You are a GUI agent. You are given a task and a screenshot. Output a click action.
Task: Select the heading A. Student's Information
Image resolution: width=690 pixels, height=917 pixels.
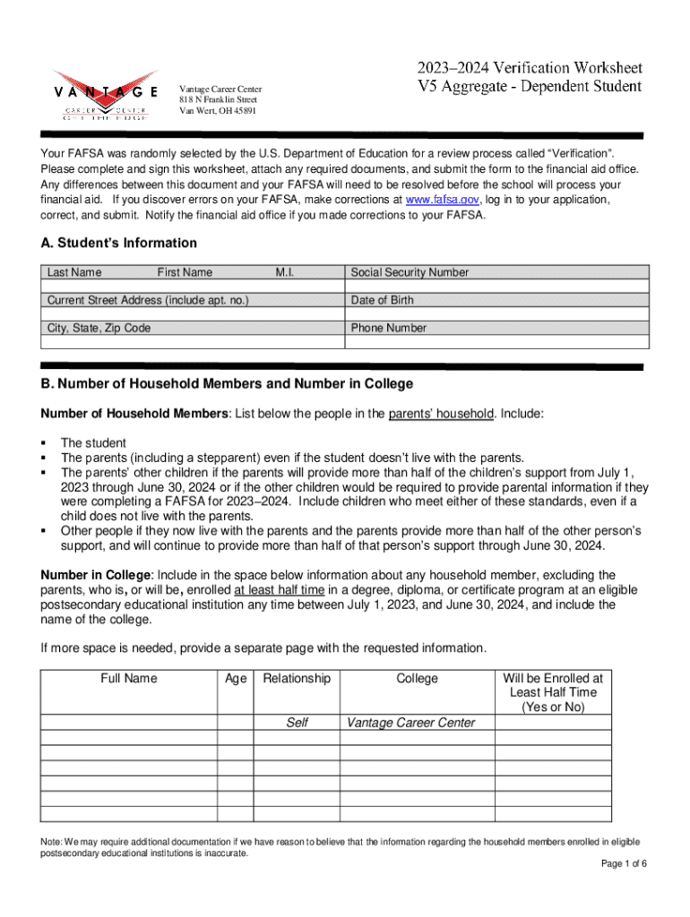(118, 243)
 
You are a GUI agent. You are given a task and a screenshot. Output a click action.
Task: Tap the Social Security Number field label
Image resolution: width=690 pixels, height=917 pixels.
(410, 272)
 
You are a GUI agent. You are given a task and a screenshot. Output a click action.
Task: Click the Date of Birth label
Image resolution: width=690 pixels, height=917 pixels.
(383, 300)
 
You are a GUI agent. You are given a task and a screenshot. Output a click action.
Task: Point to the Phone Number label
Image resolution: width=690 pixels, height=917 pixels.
(389, 328)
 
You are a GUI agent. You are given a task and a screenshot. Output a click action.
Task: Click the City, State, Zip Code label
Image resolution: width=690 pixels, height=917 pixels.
(99, 328)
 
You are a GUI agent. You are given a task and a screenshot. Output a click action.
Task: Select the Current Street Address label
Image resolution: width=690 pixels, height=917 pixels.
(148, 300)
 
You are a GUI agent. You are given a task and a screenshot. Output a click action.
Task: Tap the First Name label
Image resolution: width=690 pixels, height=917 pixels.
(185, 272)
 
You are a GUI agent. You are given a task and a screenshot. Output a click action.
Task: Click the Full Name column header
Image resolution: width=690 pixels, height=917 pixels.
(128, 678)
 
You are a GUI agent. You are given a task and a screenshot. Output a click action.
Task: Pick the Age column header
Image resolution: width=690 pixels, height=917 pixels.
(237, 678)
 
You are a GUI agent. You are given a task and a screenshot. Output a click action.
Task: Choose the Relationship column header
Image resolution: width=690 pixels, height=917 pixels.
(297, 678)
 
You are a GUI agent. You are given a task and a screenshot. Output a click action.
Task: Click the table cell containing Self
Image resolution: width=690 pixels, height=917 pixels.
(297, 723)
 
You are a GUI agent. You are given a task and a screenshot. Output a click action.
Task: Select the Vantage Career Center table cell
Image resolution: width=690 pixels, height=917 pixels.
(410, 723)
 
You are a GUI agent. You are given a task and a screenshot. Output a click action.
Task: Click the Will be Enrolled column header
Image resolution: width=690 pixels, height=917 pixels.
(553, 692)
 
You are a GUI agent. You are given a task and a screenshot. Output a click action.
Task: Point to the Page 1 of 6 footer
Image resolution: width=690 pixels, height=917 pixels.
(617, 863)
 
